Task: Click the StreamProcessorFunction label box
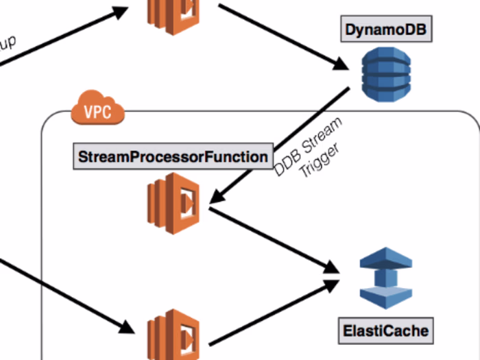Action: pyautogui.click(x=173, y=157)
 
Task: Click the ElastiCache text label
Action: pyautogui.click(x=385, y=331)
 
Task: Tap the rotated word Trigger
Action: pyautogui.click(x=316, y=161)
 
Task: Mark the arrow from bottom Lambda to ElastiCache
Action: pyautogui.click(x=274, y=313)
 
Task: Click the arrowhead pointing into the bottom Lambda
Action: pyautogui.click(x=123, y=326)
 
